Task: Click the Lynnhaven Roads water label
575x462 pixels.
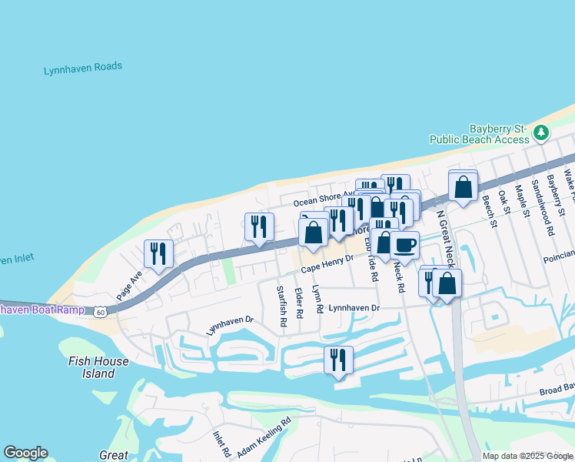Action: tap(83, 68)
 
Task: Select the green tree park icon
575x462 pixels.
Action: tap(542, 132)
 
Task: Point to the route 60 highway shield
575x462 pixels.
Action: tap(100, 312)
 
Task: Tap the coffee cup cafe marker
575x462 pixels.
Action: tap(404, 246)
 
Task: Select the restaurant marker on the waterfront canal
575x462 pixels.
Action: tap(338, 360)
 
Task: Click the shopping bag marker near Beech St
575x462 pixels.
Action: tap(464, 186)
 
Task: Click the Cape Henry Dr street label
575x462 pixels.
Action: tap(327, 265)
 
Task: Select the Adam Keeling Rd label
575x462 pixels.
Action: tap(264, 437)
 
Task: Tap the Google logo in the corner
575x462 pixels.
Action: tap(25, 453)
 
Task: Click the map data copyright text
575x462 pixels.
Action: tap(527, 456)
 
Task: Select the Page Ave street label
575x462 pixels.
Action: tap(130, 284)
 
